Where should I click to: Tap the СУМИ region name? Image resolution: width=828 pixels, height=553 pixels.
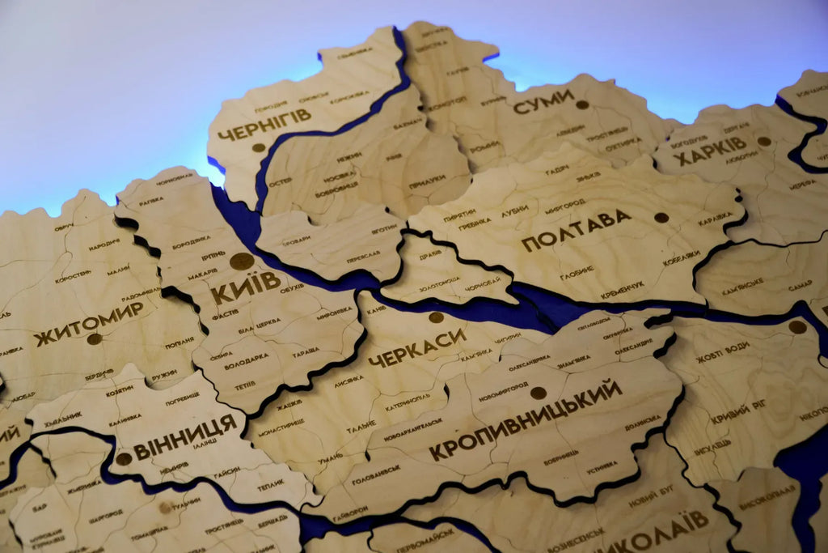click(543, 102)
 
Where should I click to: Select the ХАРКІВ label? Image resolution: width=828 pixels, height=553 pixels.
click(712, 150)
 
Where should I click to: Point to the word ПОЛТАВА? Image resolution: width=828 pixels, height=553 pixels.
click(576, 229)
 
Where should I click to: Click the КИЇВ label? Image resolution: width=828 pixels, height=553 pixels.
click(246, 286)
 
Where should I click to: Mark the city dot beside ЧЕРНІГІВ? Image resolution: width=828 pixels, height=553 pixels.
click(258, 147)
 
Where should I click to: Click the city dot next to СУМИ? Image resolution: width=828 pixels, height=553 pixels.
click(581, 104)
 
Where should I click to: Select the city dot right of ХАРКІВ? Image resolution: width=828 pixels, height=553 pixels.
click(763, 141)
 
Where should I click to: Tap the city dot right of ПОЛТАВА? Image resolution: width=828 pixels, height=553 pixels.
click(661, 217)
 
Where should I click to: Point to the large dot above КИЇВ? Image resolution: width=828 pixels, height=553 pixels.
click(241, 261)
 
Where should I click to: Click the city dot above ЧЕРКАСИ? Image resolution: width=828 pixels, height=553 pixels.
click(436, 317)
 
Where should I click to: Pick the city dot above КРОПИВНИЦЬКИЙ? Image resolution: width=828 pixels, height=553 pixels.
click(538, 393)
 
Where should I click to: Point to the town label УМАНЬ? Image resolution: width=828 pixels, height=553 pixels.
click(329, 459)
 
